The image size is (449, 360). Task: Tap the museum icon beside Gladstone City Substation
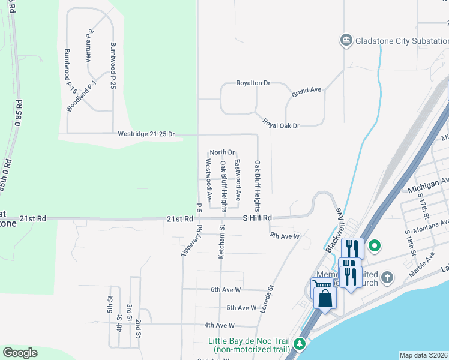[346, 41]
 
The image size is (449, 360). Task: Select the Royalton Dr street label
[253, 83]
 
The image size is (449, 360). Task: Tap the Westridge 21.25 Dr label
[146, 134]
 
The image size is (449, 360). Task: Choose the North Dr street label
[222, 152]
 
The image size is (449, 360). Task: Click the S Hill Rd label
[258, 218]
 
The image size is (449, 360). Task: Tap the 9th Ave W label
[285, 237]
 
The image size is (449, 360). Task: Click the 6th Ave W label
[226, 289]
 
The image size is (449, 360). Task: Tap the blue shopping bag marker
[325, 298]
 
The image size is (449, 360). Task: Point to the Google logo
[20, 353]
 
